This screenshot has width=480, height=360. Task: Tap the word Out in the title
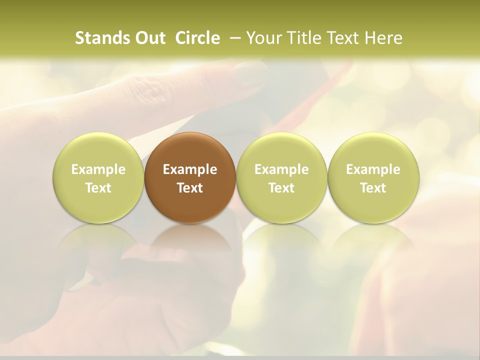pos(149,38)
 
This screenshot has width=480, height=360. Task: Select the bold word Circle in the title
pos(197,38)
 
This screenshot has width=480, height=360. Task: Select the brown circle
pos(190,177)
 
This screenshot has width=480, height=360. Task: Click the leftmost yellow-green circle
pos(98,177)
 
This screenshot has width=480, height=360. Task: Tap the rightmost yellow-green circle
pos(373,177)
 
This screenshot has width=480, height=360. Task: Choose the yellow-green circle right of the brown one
pos(281,177)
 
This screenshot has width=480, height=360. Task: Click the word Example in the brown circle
pos(190,169)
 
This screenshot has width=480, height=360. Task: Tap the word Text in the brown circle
pos(190,188)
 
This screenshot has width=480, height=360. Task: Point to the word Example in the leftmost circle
pos(98,169)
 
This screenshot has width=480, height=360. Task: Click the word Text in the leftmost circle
pos(98,188)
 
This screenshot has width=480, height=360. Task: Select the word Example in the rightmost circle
pos(373,169)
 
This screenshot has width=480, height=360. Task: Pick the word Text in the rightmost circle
pos(373,188)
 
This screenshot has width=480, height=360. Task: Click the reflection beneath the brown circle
pos(190,245)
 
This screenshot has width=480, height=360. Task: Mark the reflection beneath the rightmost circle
pos(373,245)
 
